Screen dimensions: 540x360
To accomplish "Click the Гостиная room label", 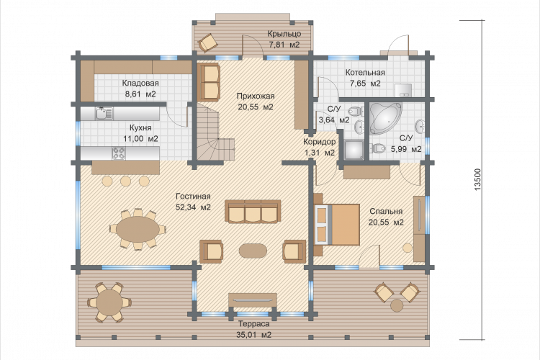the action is (x=193, y=197).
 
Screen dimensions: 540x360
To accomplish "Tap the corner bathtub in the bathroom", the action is (x=385, y=117).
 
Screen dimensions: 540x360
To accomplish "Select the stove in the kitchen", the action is (x=119, y=153).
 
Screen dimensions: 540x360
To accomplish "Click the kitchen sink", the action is (x=104, y=113).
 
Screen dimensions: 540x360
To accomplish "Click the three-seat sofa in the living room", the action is (x=253, y=211).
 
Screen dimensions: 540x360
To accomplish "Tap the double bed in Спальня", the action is (x=337, y=224).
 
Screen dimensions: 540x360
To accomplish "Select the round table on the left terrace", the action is (x=109, y=302).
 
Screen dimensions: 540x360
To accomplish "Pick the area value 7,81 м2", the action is (x=284, y=45).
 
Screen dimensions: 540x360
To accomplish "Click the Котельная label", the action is (x=365, y=72).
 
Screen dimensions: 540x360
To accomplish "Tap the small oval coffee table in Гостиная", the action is (x=253, y=251).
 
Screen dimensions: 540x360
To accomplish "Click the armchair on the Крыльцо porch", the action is (x=207, y=42).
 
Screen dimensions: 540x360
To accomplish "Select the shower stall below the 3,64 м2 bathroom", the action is (x=354, y=150).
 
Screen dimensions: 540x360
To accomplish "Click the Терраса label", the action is (x=254, y=324).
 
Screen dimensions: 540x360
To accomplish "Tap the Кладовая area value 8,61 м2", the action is (x=140, y=94).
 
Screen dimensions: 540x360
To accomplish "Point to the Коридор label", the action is (x=319, y=142).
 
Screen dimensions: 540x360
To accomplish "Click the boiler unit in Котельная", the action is (x=403, y=89).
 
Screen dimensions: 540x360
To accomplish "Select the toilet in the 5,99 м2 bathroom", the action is (x=378, y=148).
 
